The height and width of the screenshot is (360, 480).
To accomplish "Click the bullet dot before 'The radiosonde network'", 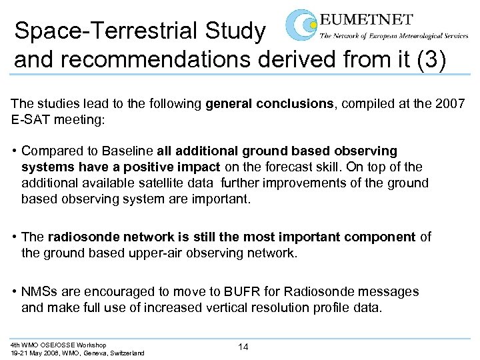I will click(15, 237).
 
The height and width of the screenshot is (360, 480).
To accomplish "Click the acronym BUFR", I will click(239, 291).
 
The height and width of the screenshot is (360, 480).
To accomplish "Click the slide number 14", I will click(244, 347).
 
